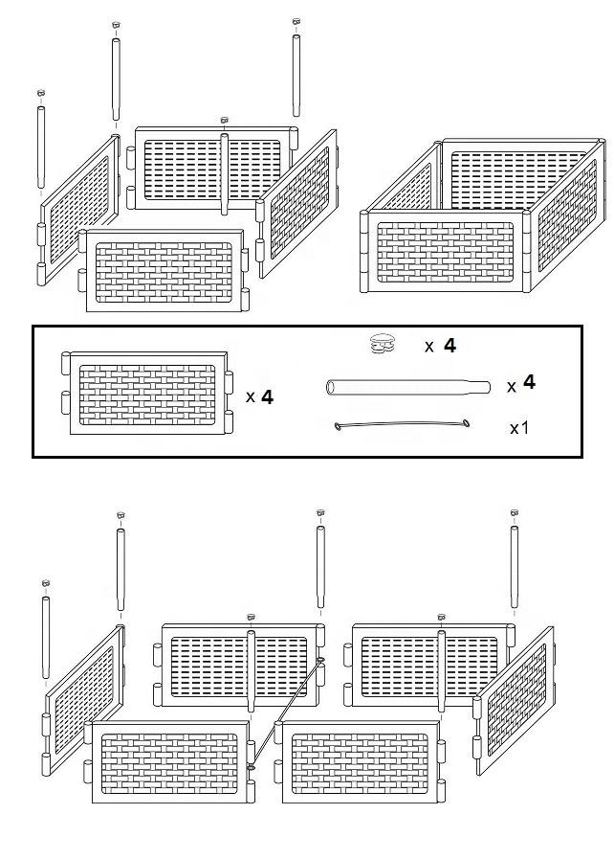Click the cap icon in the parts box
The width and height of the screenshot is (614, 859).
tap(384, 343)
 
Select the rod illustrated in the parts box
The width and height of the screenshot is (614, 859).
tap(407, 387)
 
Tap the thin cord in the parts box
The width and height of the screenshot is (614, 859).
tap(402, 426)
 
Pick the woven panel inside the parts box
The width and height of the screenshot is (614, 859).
tap(147, 394)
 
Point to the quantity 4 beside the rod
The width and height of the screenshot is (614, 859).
tap(529, 383)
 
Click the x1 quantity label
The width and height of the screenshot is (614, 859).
tap(519, 428)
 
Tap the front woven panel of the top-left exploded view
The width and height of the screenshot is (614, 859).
tap(162, 270)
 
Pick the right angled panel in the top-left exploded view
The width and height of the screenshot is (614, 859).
tap(300, 201)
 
